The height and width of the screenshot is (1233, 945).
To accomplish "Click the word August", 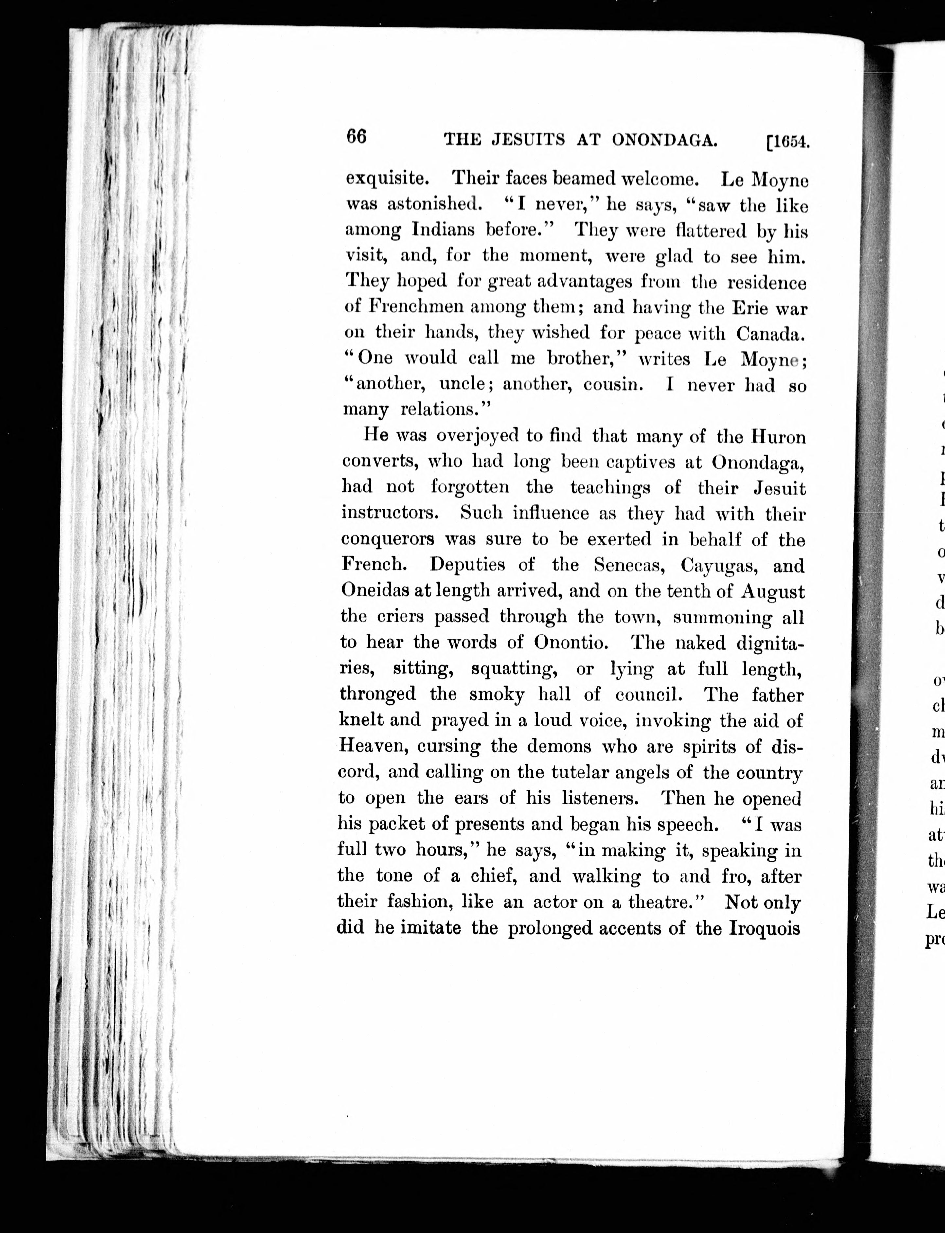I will pyautogui.click(x=773, y=592).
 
